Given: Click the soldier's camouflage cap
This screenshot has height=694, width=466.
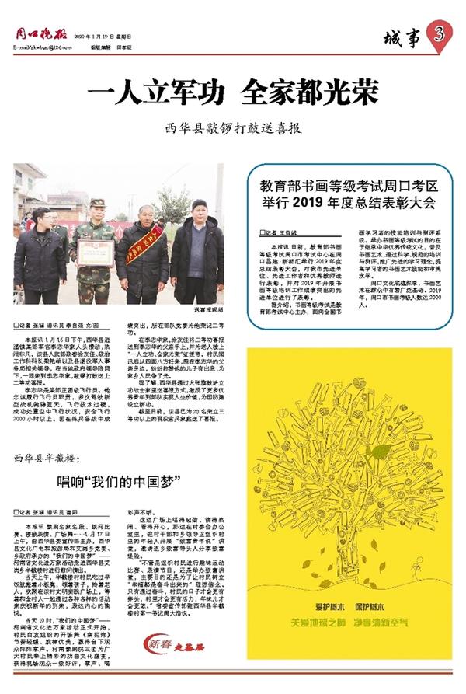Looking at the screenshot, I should pos(96,203).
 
